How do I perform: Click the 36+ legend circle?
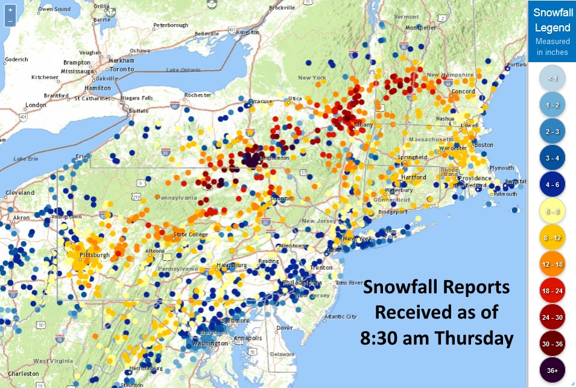pos(552,371)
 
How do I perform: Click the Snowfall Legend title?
pos(552,19)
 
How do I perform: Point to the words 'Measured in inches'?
pos(552,47)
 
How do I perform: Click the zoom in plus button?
pos(10,10)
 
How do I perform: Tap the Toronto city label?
pos(122,69)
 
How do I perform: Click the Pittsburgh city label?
pos(97,255)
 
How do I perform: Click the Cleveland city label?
pos(20,192)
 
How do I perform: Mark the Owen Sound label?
pos(54,10)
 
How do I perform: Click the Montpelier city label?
pos(421,27)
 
